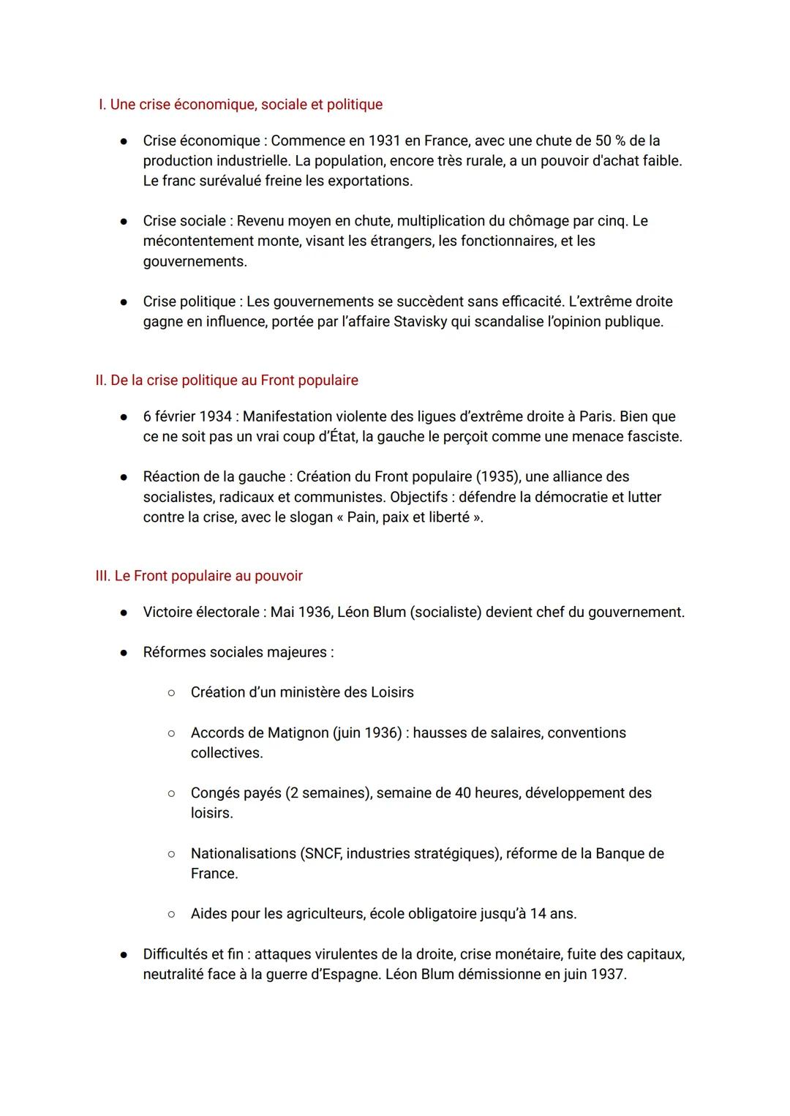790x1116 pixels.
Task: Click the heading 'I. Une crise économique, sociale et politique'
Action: tap(240, 105)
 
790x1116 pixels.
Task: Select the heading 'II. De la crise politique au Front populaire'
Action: tap(227, 381)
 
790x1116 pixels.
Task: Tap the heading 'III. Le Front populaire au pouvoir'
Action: tap(199, 576)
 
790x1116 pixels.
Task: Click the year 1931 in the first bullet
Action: tap(384, 141)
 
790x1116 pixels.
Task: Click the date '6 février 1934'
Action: tap(187, 416)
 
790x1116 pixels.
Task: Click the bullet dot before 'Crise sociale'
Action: tap(125, 221)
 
